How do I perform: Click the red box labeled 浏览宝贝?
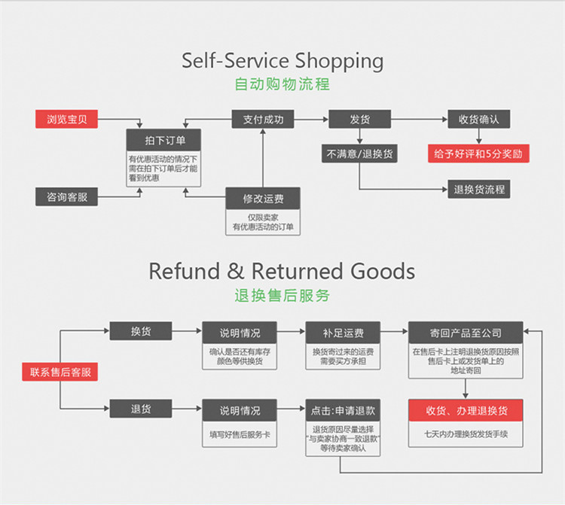point(67,119)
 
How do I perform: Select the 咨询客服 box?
point(67,197)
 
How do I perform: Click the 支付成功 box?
point(263,119)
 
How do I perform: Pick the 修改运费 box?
point(263,199)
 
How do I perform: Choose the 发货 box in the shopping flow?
point(359,119)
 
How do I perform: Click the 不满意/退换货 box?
point(359,154)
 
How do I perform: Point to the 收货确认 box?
point(479,119)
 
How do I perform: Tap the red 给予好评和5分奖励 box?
point(479,154)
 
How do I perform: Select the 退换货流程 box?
point(479,190)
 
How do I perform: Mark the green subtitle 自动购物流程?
point(282,84)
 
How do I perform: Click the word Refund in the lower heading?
point(186,271)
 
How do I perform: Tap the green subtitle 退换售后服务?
point(282,295)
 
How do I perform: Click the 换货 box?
point(141,331)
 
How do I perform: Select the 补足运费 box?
point(343,332)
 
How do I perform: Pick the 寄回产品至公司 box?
point(466,332)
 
